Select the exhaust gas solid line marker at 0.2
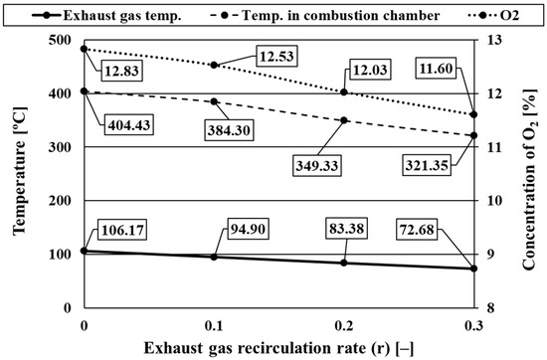point(344,263)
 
